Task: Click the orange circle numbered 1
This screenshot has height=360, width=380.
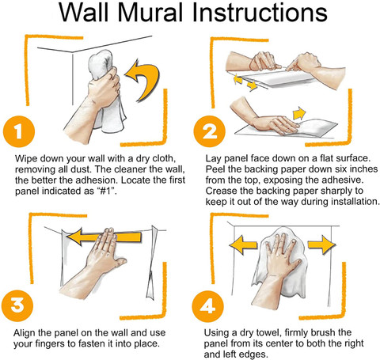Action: click(19, 131)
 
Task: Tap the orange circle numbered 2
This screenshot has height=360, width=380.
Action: click(210, 131)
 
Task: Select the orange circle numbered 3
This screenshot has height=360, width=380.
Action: click(17, 305)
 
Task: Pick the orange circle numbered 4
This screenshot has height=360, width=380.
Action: click(208, 306)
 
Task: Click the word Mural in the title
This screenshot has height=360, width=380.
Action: click(150, 13)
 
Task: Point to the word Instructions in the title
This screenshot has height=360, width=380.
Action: click(260, 13)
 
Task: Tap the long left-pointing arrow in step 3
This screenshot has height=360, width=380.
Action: click(104, 237)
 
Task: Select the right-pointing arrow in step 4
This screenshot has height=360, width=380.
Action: click(321, 244)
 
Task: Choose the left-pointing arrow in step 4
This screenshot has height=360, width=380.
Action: click(243, 245)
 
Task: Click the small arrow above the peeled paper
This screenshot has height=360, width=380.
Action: click(299, 113)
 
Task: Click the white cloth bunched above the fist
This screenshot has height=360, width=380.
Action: click(101, 64)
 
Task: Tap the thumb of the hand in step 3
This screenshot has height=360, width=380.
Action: click(120, 263)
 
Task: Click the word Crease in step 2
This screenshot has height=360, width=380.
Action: click(220, 191)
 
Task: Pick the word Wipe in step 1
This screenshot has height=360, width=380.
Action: click(25, 159)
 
